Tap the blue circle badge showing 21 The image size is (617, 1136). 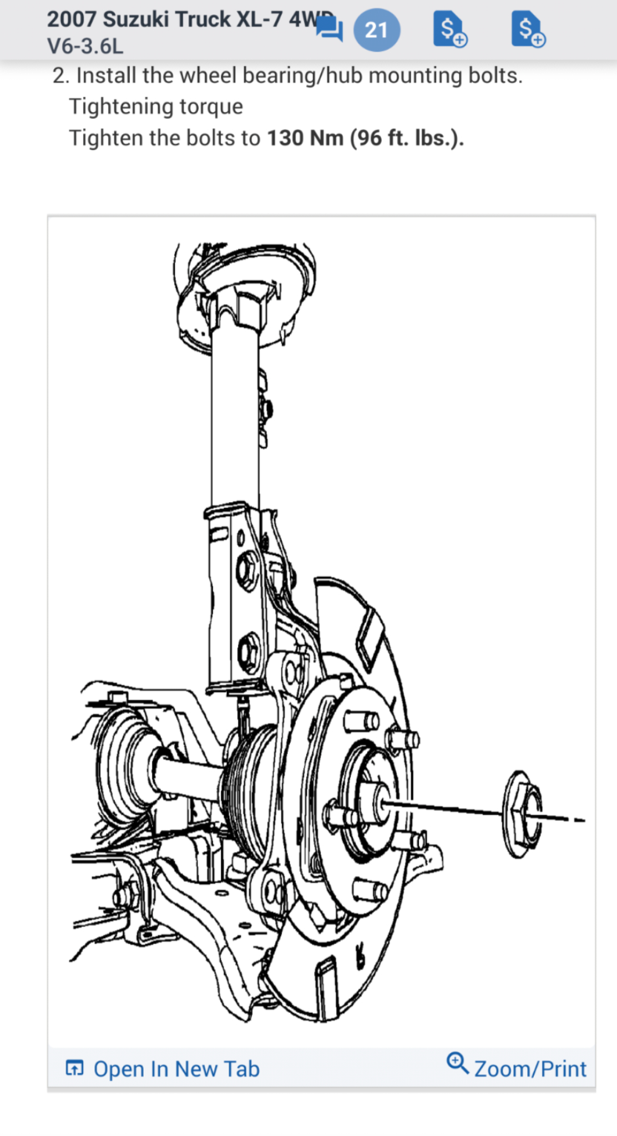(x=376, y=30)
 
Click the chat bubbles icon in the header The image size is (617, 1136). (x=330, y=29)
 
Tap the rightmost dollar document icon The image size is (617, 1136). (x=528, y=29)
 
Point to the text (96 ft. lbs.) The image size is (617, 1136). (x=407, y=138)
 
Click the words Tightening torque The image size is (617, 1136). (x=156, y=106)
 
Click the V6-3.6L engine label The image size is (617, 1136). (x=85, y=46)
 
